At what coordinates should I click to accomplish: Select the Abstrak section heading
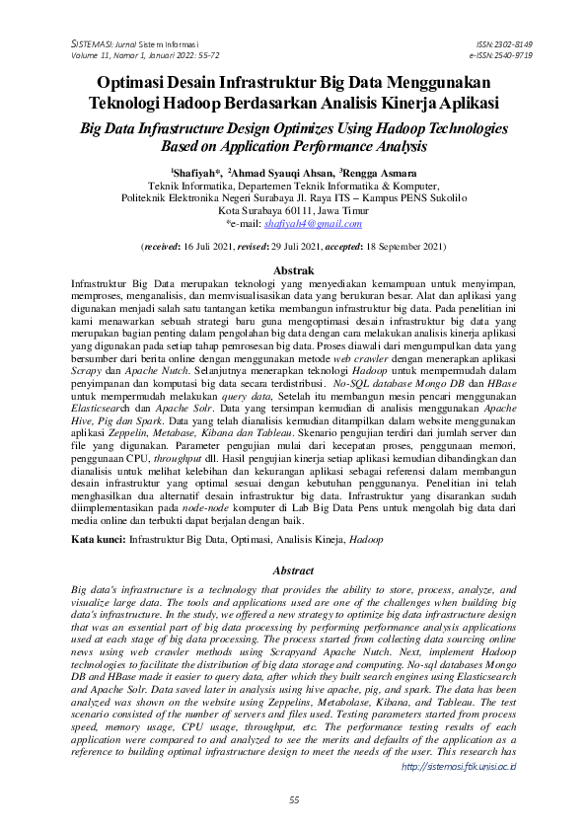tap(293, 269)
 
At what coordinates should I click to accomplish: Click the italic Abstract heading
tap(293, 570)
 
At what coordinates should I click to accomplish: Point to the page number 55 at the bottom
tap(293, 800)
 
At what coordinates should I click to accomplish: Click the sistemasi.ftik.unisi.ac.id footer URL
tap(461, 764)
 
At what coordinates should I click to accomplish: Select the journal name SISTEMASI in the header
tap(97, 45)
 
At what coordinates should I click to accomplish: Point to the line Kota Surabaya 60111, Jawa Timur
tap(293, 210)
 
